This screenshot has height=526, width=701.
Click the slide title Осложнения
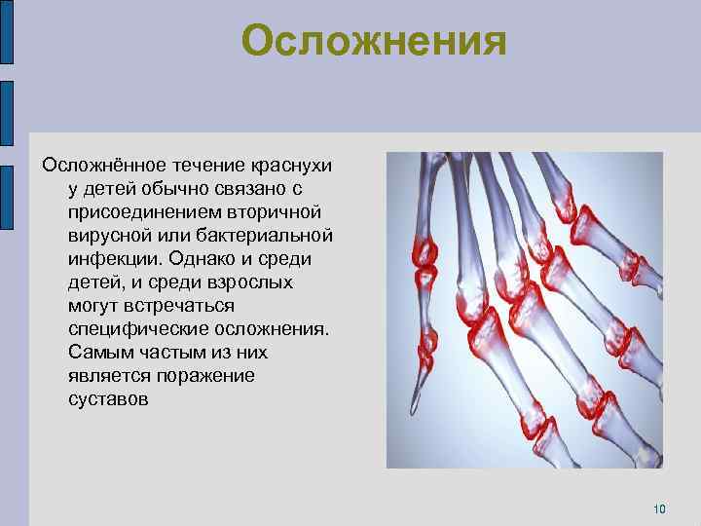pos(374,41)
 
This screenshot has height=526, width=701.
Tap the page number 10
pos(659,508)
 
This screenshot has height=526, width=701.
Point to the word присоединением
pos(137,212)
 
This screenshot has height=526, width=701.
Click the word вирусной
pos(104,236)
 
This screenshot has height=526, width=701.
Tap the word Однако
pos(203,259)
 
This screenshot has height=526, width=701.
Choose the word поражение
pos(211,376)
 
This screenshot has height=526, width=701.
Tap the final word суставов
pos(108,399)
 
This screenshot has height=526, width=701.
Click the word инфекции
pos(110,259)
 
